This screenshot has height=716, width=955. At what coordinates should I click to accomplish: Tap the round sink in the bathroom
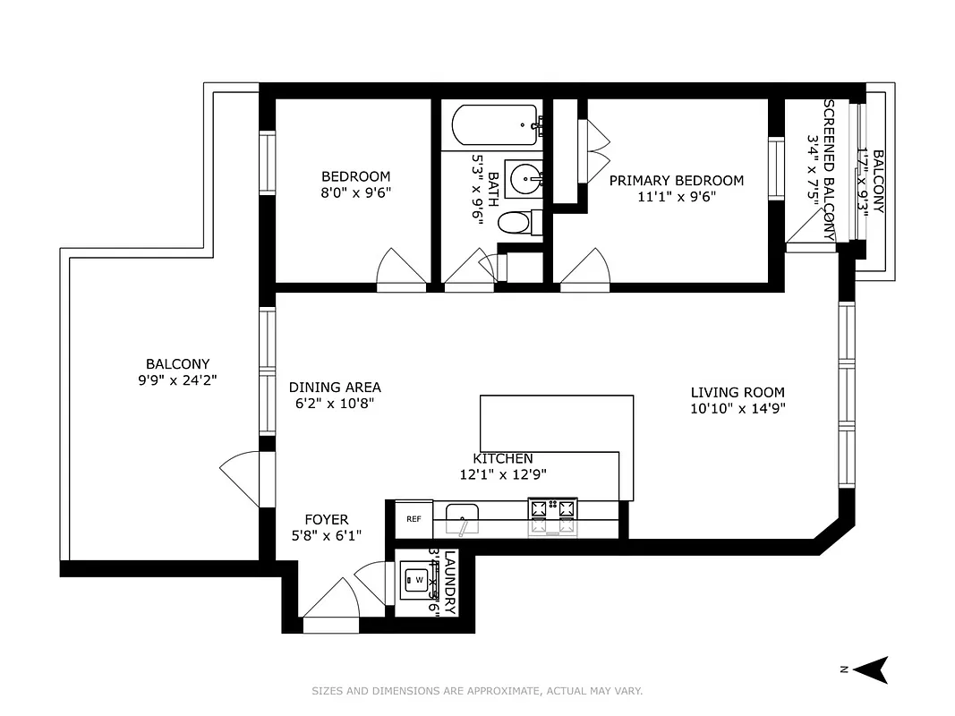coord(524,179)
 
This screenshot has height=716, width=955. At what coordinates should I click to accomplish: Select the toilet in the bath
coord(518,222)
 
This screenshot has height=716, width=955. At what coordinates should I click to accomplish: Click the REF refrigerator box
coord(414,518)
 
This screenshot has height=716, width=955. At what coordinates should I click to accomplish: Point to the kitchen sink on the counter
coord(462,516)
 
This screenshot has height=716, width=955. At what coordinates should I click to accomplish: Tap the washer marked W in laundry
coord(415,580)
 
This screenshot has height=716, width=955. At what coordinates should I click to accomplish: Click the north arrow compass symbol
coord(874,669)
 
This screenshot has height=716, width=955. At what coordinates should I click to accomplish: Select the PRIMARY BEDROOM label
coord(676,181)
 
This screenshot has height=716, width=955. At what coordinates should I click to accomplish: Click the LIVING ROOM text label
coord(737,392)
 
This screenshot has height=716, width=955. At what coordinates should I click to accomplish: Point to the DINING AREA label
coord(335,388)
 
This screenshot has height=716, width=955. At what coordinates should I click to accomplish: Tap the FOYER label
coord(326,519)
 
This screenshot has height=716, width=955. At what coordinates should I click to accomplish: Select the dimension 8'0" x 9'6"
coord(356,192)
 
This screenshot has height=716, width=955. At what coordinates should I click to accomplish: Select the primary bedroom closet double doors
coord(594,148)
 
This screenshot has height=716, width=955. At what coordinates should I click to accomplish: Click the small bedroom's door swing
coord(400,269)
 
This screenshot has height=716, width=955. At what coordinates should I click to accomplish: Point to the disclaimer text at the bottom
coord(477,691)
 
